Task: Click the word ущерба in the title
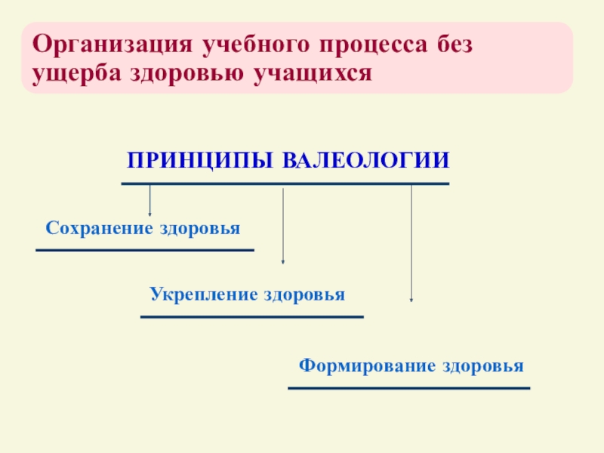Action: click(x=69, y=73)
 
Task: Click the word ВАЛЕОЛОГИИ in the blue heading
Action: click(x=366, y=161)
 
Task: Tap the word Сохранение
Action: click(x=100, y=228)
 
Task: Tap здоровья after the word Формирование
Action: click(x=483, y=367)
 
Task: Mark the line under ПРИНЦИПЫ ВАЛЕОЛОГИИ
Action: click(x=285, y=183)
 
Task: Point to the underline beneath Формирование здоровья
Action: click(x=409, y=388)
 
